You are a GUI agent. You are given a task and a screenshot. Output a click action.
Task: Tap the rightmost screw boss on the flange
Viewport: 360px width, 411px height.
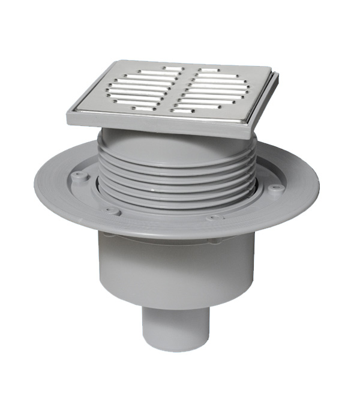pyautogui.click(x=275, y=188)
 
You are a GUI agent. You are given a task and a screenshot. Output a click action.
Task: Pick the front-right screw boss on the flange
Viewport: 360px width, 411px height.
pyautogui.click(x=214, y=218)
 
